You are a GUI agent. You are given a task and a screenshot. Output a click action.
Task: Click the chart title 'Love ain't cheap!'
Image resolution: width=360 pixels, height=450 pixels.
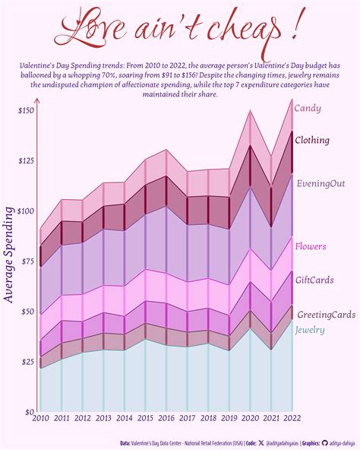pyautogui.click(x=179, y=29)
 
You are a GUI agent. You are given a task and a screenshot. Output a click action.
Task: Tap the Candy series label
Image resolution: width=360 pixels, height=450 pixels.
pyautogui.click(x=307, y=109)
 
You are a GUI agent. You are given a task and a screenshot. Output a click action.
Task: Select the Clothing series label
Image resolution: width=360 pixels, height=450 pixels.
pyautogui.click(x=311, y=140)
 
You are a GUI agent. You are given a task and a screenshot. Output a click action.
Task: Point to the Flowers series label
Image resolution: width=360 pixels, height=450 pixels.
pyautogui.click(x=311, y=246)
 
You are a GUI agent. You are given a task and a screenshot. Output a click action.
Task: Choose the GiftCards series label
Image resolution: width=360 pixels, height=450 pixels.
pyautogui.click(x=314, y=280)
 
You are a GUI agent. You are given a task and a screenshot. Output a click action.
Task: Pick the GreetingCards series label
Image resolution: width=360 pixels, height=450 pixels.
pyautogui.click(x=325, y=315)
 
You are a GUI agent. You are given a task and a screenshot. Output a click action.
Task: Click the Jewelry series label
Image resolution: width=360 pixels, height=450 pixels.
pyautogui.click(x=309, y=330)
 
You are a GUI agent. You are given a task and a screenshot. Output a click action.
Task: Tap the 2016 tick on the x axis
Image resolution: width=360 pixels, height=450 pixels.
pyautogui.click(x=166, y=417)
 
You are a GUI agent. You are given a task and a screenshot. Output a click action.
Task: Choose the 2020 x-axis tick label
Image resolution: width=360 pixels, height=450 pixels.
pyautogui.click(x=250, y=417)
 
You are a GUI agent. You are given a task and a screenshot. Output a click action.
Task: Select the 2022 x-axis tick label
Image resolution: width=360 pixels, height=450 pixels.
pyautogui.click(x=292, y=417)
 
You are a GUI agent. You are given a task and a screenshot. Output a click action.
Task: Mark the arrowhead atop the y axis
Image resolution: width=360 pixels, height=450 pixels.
pyautogui.click(x=36, y=103)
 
